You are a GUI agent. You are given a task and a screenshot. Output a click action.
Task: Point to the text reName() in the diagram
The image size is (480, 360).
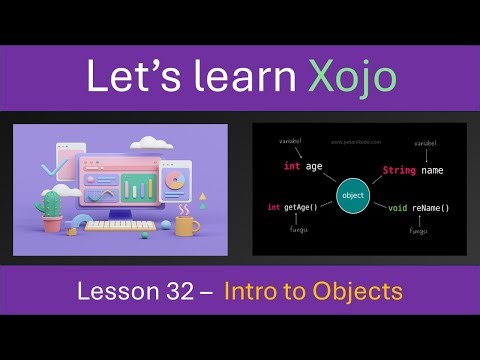click(431, 208)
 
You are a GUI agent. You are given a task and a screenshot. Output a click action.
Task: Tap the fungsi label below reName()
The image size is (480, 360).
click(419, 231)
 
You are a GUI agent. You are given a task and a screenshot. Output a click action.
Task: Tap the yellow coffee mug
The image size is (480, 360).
click(186, 224)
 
